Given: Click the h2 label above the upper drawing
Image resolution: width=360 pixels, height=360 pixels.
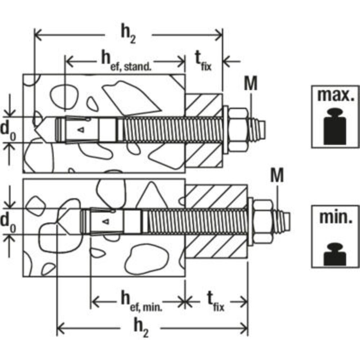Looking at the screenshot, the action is [128, 35].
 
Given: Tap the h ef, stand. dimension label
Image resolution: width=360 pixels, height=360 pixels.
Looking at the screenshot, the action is [126, 61].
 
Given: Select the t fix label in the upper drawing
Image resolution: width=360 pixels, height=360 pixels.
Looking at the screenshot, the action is [203, 61].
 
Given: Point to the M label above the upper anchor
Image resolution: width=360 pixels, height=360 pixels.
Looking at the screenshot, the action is [251, 83].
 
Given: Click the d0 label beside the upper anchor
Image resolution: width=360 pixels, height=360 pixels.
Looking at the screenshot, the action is [8, 130].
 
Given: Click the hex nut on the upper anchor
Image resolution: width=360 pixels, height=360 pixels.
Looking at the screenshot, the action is [238, 130].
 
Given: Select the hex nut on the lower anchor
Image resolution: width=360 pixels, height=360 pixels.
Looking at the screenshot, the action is [263, 221].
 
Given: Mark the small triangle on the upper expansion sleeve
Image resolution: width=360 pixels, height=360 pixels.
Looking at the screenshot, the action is [81, 130].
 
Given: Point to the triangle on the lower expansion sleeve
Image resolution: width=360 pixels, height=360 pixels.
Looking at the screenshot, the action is [105, 221].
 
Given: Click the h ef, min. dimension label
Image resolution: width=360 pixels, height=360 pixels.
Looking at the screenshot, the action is [141, 301].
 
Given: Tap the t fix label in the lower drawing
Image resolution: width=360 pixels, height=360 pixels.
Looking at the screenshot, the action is [216, 301].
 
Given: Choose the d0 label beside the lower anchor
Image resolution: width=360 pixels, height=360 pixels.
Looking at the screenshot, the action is [8, 223].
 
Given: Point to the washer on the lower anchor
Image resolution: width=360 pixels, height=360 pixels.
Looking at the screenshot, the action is [251, 221].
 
